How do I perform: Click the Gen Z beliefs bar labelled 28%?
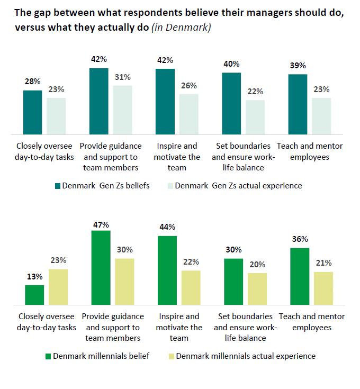click(32, 112)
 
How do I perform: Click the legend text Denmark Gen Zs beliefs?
click(106, 186)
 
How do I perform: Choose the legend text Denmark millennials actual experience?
click(246, 356)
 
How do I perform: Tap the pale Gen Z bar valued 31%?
click(122, 110)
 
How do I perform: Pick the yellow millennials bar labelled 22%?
click(191, 287)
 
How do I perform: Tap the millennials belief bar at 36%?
click(300, 276)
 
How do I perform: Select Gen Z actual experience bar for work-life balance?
click(255, 117)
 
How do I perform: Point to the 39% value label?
click(298, 66)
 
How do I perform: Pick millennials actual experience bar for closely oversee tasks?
click(58, 286)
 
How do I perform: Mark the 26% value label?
click(189, 86)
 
